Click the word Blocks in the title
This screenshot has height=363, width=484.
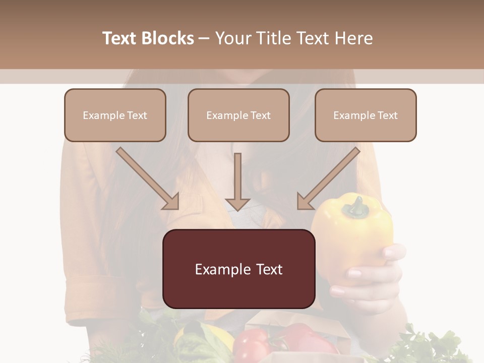(x=169, y=38)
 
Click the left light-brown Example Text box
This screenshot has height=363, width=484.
(x=115, y=115)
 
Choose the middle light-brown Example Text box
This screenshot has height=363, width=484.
(x=238, y=115)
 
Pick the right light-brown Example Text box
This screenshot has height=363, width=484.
(x=366, y=115)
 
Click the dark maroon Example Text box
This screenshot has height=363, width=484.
(x=239, y=269)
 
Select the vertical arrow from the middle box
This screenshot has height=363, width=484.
(x=237, y=181)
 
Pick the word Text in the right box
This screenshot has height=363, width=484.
(x=387, y=115)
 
